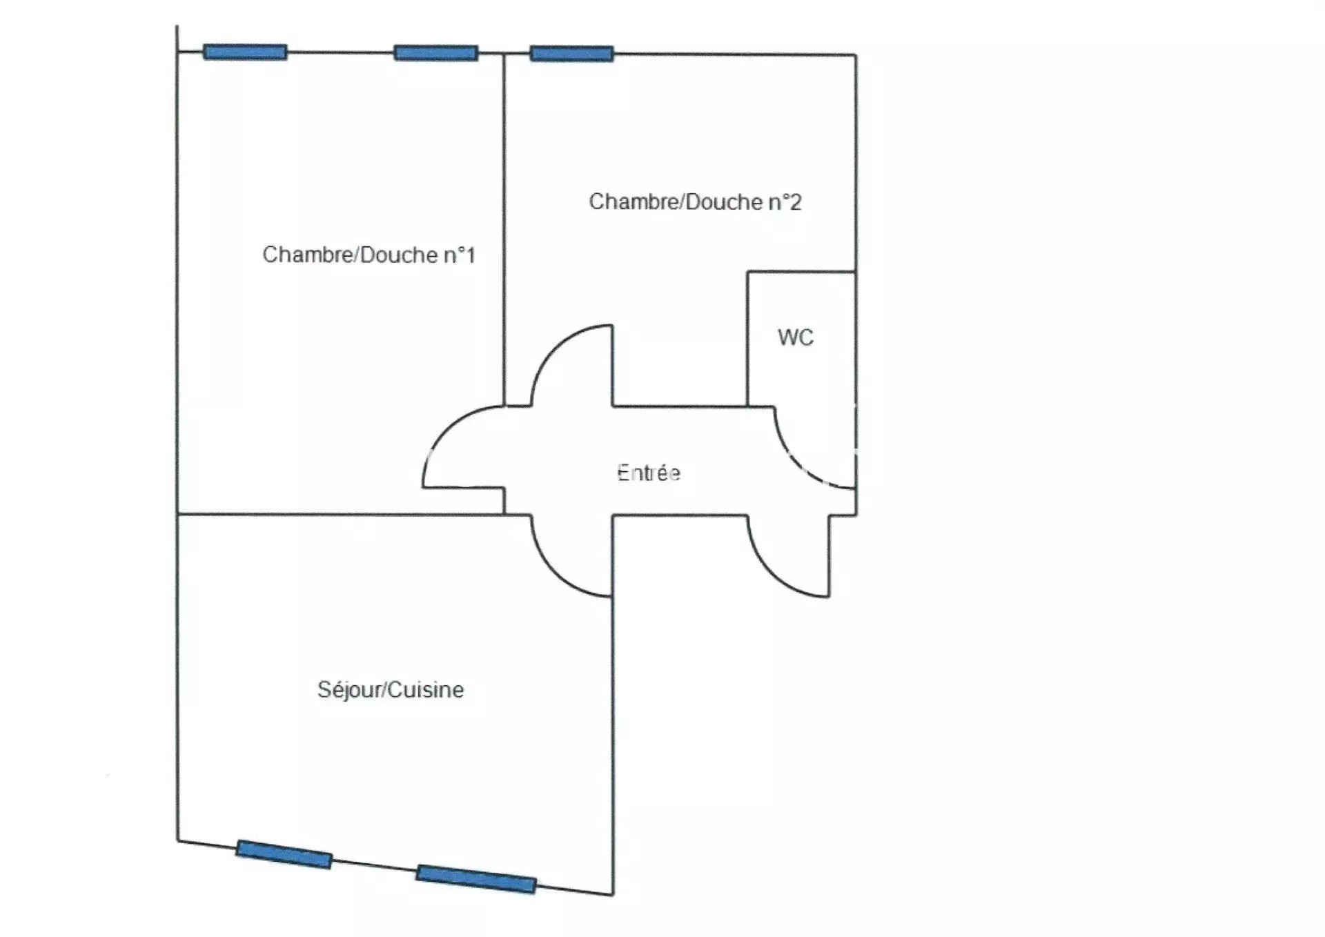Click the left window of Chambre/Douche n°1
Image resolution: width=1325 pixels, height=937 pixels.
pos(245,52)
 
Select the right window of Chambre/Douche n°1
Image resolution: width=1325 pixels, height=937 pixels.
pos(435,53)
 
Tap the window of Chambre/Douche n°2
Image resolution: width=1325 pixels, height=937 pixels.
pos(571,54)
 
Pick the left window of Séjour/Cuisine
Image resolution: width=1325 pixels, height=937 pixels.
pos(284,854)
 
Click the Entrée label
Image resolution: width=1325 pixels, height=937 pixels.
pos(648,473)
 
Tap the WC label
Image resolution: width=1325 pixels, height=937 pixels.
pos(795,337)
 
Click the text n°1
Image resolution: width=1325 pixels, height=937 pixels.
pos(458,255)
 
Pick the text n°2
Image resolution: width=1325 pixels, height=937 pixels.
pos(785,202)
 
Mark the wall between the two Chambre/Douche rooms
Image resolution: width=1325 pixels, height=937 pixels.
pos(504,228)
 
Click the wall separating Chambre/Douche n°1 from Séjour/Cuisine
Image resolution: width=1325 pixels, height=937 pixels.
pos(338,514)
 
